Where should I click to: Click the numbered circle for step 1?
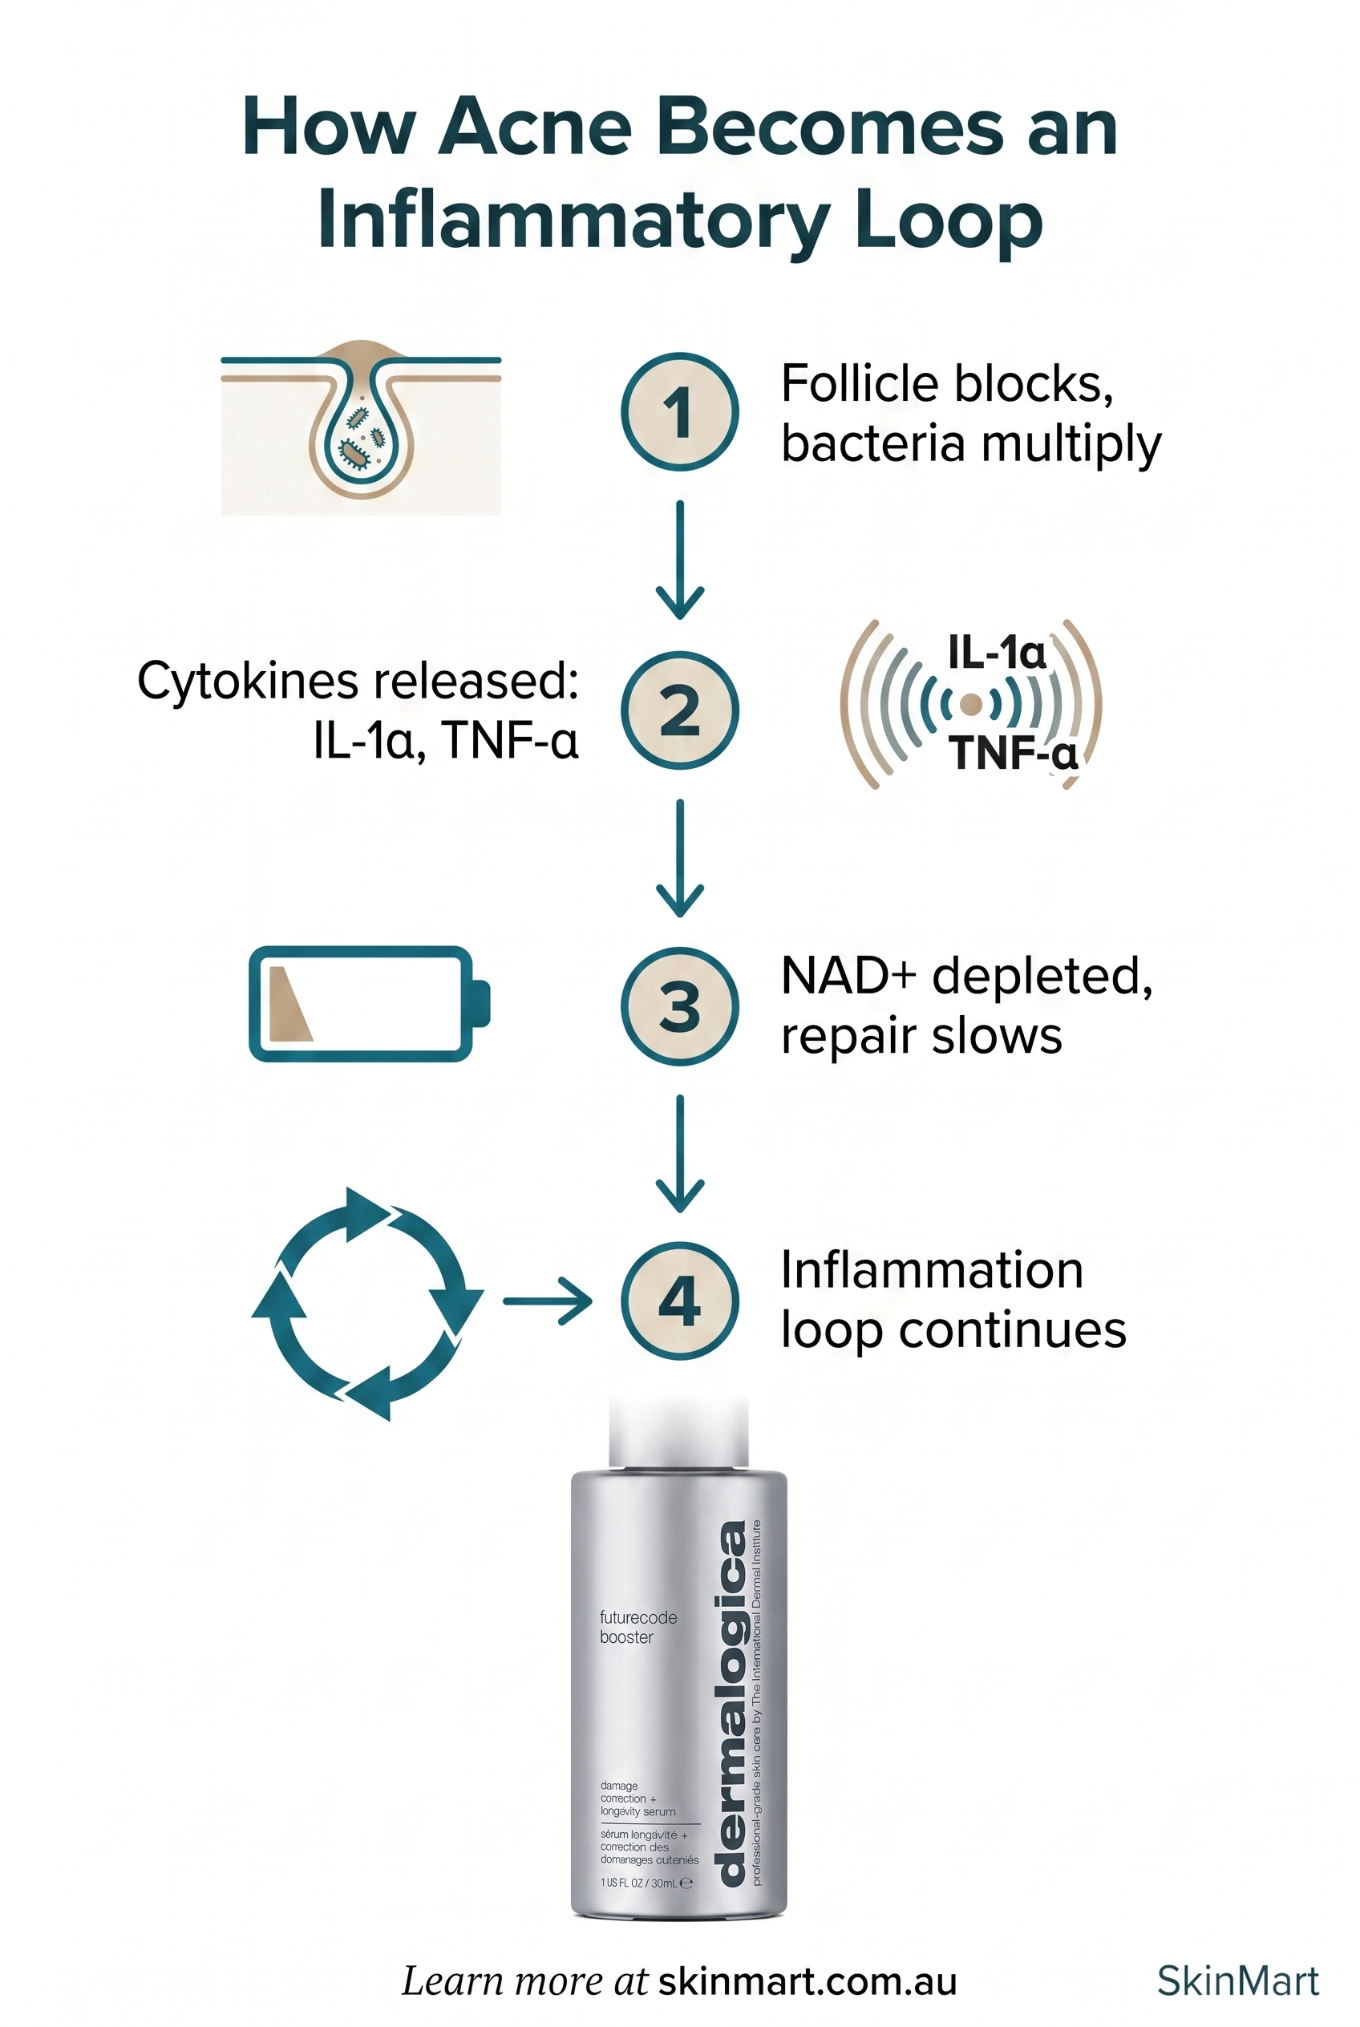[679, 411]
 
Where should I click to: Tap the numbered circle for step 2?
[679, 710]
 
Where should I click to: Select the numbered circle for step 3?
[679, 1006]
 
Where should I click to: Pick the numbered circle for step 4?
[679, 1301]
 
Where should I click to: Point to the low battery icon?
[369, 1004]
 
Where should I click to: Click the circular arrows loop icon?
[367, 1303]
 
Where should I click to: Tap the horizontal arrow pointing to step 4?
[546, 1301]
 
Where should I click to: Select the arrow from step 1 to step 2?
[679, 560]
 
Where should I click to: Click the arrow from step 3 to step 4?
[679, 1154]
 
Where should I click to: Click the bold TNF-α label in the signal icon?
[1011, 752]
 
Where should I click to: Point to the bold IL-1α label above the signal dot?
[997, 651]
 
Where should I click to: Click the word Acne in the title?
[534, 128]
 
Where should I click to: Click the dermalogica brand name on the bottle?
[732, 1704]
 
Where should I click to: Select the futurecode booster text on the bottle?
[637, 1627]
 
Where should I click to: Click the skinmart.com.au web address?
[807, 1981]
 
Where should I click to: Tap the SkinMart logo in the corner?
[1237, 1981]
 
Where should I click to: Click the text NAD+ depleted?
[966, 976]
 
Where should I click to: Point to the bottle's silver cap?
[678, 1432]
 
